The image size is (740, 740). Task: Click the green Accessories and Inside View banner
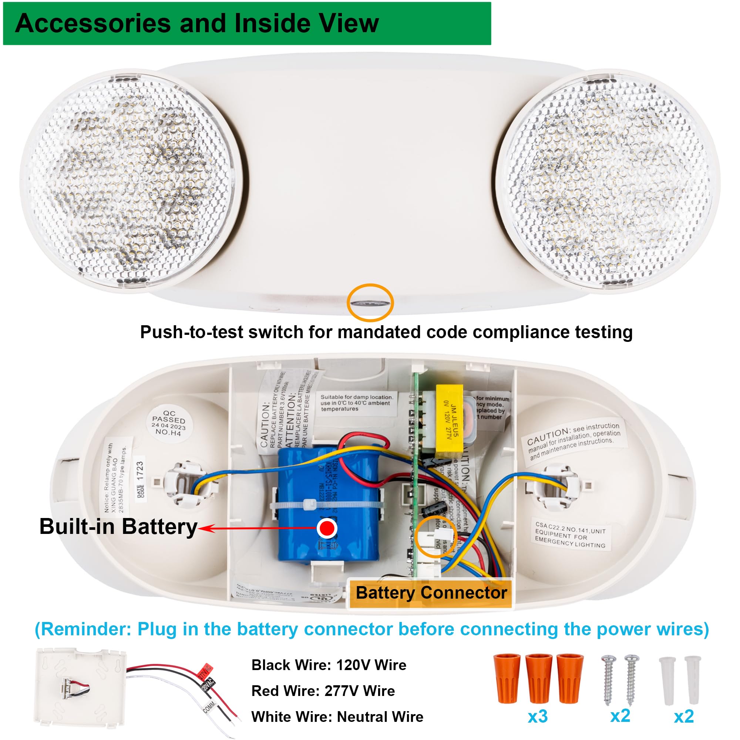pos(247,23)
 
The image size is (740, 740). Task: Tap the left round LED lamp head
pos(130,177)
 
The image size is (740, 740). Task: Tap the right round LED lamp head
pos(608,179)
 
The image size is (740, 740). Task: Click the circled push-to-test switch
pos(370,303)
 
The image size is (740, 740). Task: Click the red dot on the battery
pos(327,528)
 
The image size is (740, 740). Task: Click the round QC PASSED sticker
pos(168,423)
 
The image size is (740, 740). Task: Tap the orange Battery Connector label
pos(431,592)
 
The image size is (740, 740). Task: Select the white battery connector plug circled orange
pos(437,538)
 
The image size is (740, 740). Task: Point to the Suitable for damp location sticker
pos(356,403)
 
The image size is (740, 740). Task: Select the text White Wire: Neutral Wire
pos(337,716)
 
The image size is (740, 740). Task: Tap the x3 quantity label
pos(537,716)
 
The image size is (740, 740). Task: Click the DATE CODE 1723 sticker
pos(140,481)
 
